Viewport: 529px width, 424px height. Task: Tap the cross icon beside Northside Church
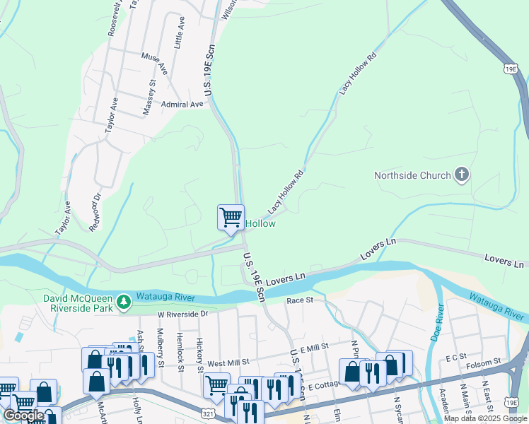[x=462, y=174]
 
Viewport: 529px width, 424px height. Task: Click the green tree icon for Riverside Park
[x=124, y=302]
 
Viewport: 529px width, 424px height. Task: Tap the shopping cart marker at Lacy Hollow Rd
[x=231, y=218]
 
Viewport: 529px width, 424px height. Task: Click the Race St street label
[x=300, y=301]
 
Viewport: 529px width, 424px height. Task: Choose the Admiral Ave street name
[x=182, y=105]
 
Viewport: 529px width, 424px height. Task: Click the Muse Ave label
[x=153, y=63]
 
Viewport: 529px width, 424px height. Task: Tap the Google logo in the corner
[x=24, y=416]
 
